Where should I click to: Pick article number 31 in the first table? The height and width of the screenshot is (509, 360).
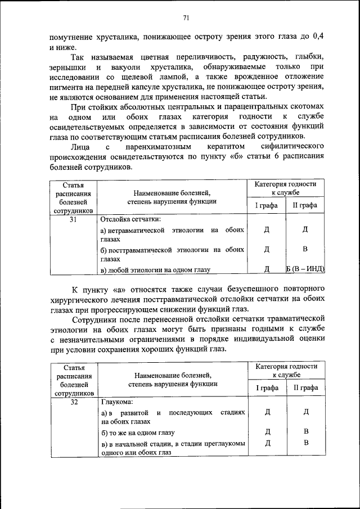pos(73,220)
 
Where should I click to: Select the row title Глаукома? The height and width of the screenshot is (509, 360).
pos(118,402)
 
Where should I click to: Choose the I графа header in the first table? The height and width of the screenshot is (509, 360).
pos(267,205)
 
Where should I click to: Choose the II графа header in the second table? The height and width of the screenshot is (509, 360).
pos(305,388)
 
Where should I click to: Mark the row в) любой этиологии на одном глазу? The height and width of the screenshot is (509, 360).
pos(155,270)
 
